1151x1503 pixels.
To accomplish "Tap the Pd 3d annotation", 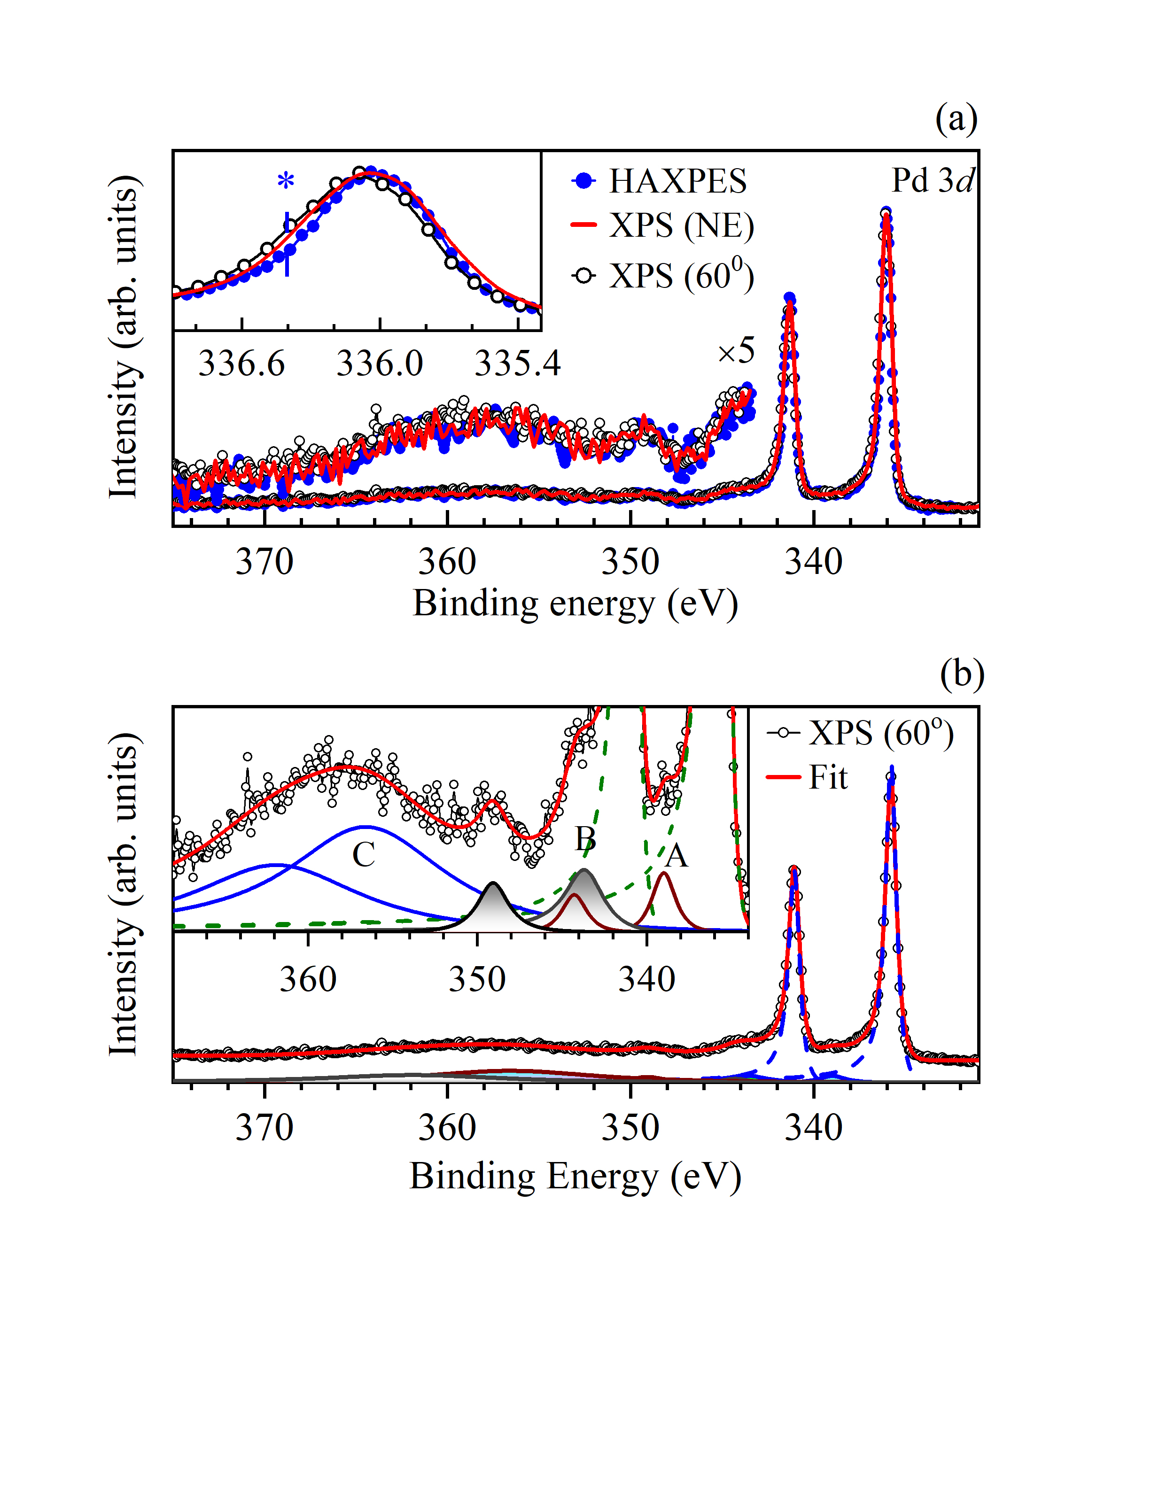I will (x=932, y=181).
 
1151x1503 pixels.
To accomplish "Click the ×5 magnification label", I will (x=736, y=351).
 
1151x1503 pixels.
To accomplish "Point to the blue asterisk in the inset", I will (x=286, y=183).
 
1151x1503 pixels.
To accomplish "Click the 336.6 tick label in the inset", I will (x=241, y=364).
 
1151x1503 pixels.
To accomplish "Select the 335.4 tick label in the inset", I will (x=517, y=364).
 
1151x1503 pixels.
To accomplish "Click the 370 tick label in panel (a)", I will (x=264, y=562).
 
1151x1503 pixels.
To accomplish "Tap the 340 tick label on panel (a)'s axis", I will (x=813, y=562).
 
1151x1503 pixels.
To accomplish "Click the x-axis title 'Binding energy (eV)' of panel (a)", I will (x=575, y=604).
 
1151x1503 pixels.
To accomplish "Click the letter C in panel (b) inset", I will (x=364, y=854).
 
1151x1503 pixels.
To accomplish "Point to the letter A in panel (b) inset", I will (x=676, y=855).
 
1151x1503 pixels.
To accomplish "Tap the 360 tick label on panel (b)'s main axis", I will (x=447, y=1128).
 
